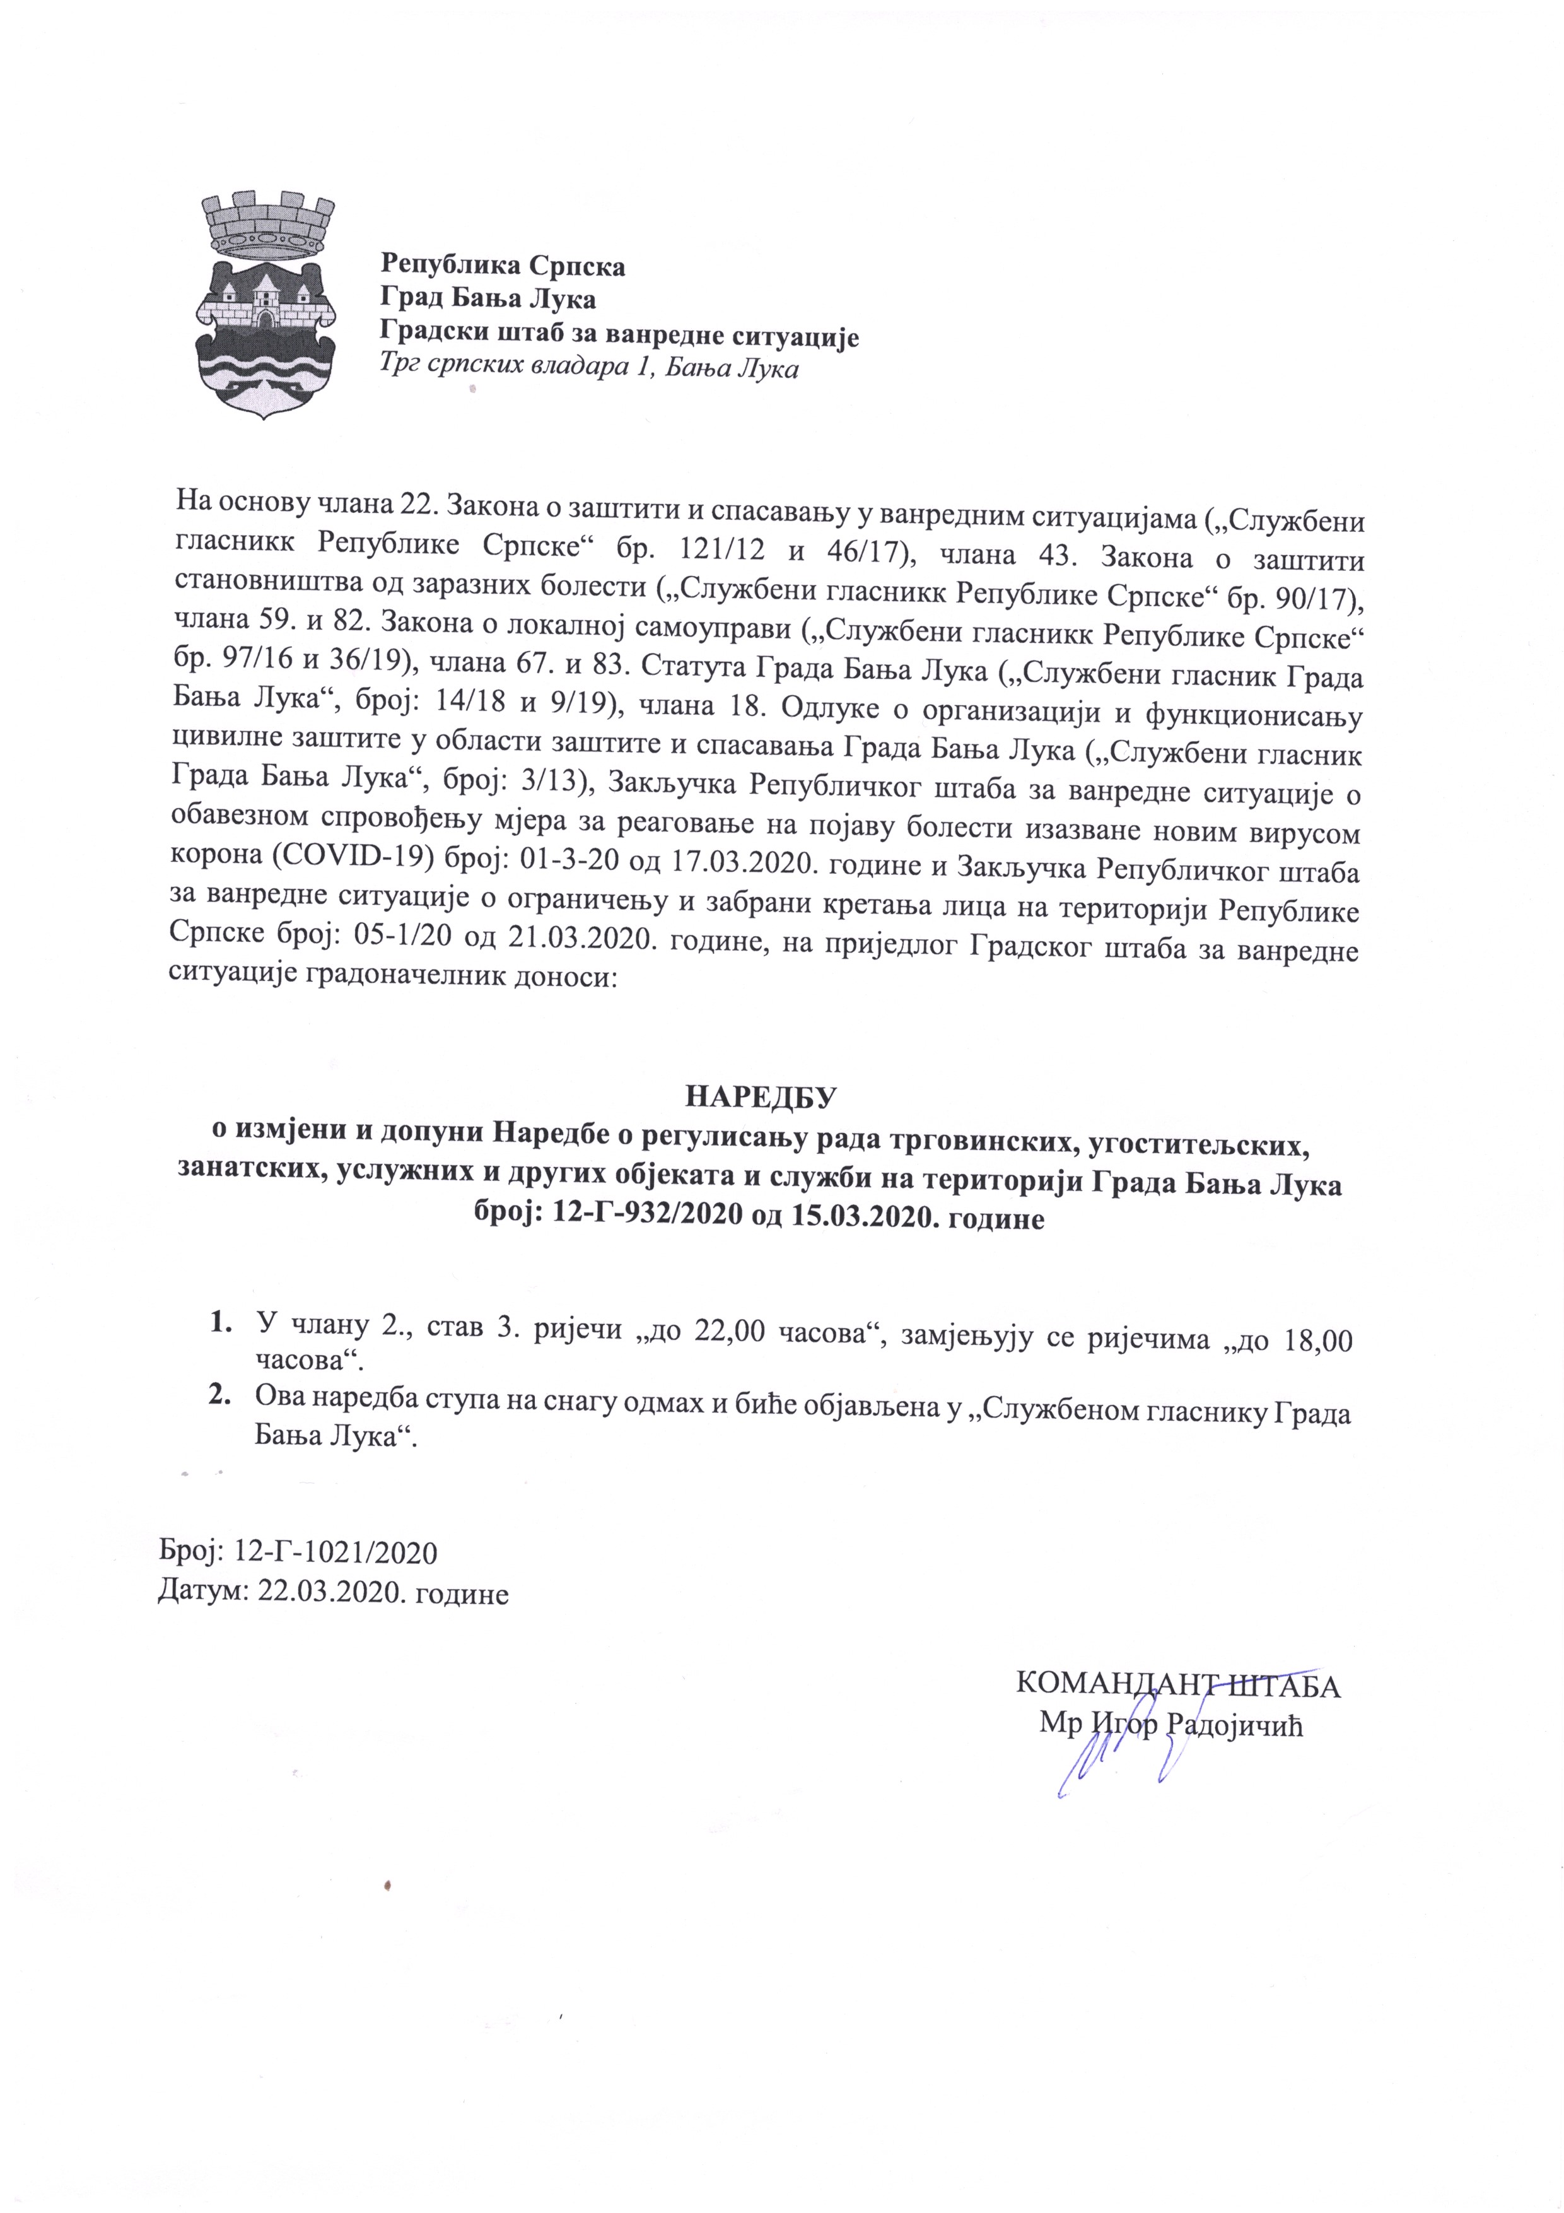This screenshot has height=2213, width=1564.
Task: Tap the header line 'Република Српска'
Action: point(503,265)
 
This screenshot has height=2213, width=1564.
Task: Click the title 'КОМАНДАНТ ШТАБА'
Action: point(1179,1686)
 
